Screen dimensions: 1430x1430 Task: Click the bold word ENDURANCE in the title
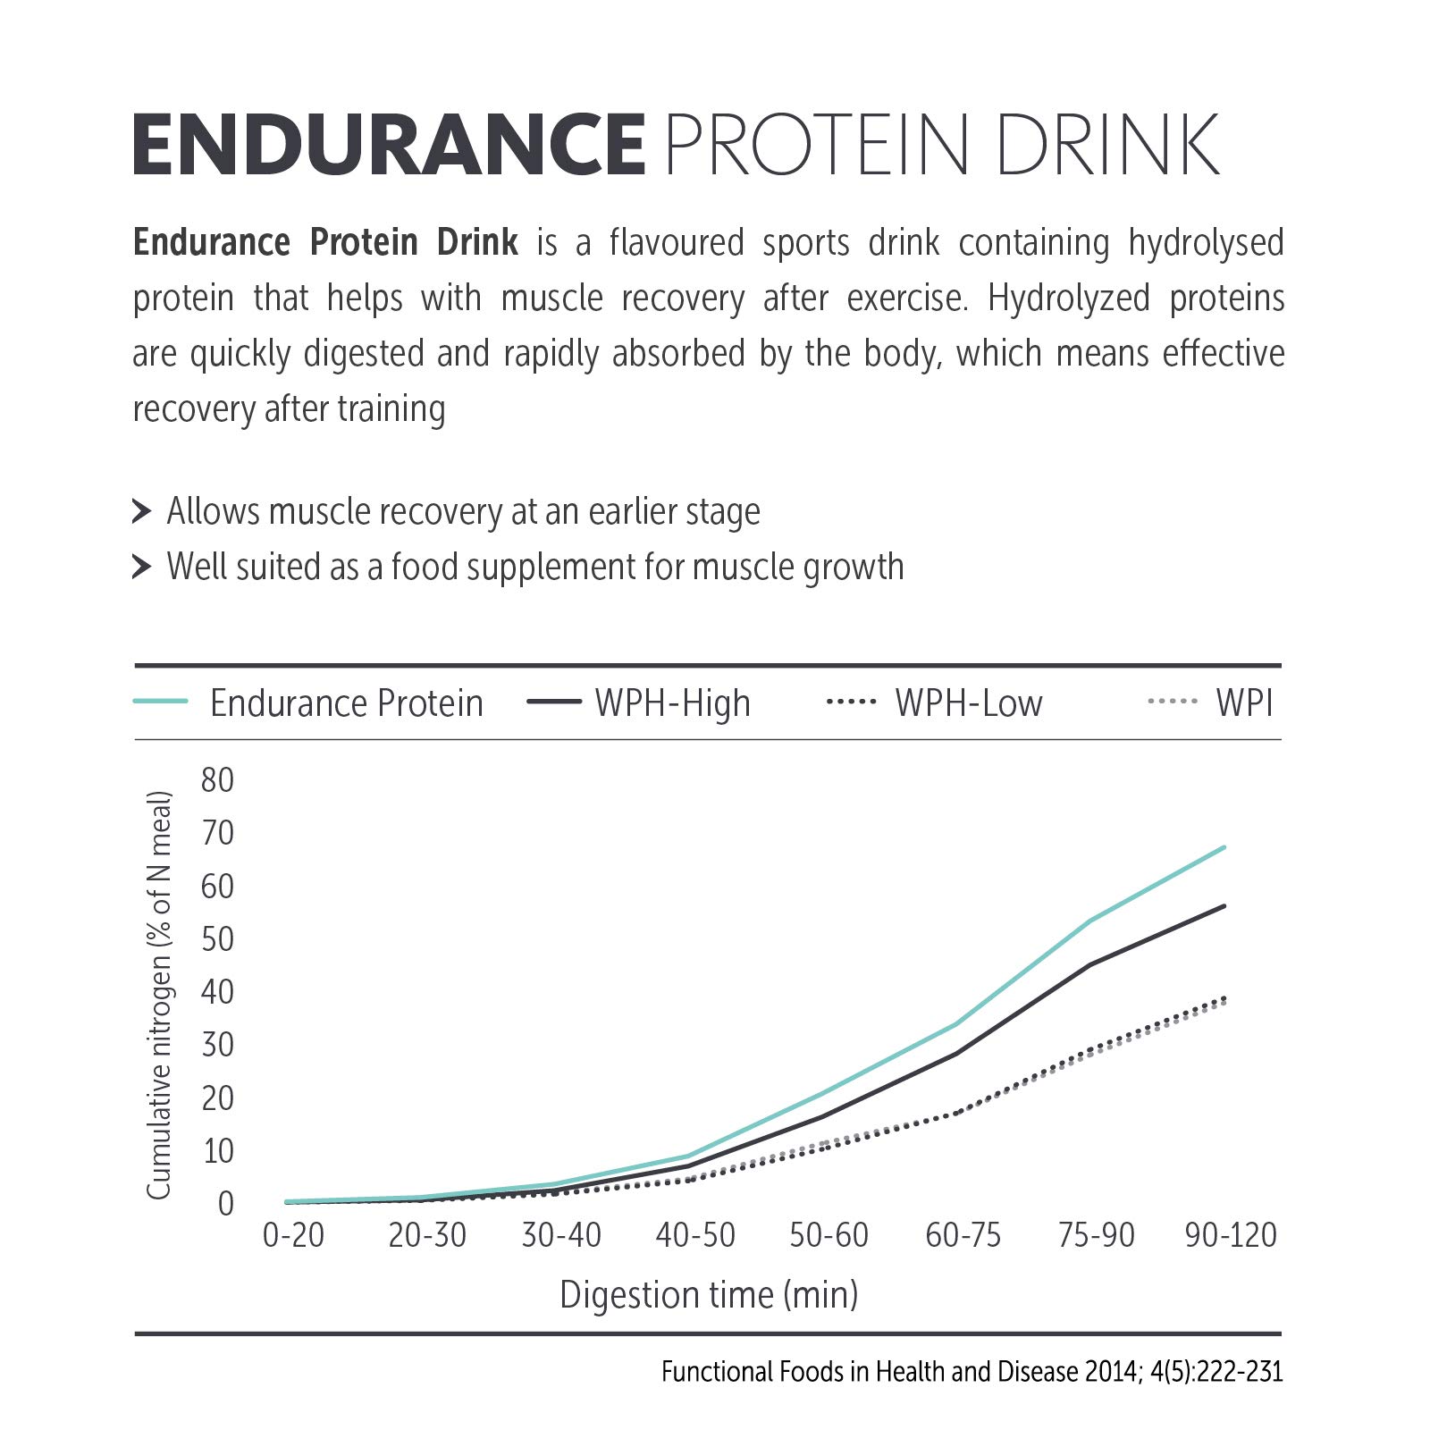[388, 145]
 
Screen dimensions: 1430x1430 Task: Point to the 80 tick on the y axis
[217, 780]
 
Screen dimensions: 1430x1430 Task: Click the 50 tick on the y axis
[217, 939]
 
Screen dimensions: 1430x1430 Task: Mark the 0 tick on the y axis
[225, 1204]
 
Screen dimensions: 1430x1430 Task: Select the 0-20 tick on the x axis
[293, 1235]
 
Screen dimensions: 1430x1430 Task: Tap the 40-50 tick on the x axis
[695, 1235]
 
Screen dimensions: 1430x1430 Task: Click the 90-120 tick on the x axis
[1231, 1235]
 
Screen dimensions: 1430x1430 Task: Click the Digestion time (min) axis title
[709, 1294]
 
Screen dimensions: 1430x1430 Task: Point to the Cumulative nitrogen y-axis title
[158, 994]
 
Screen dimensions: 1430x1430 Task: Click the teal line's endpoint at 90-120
[1224, 847]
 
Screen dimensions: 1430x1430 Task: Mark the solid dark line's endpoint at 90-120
[1224, 906]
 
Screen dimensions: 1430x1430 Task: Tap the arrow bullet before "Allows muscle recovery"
[141, 511]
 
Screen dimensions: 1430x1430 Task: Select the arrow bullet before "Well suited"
[141, 567]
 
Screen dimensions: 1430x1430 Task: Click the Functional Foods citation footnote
[972, 1371]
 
